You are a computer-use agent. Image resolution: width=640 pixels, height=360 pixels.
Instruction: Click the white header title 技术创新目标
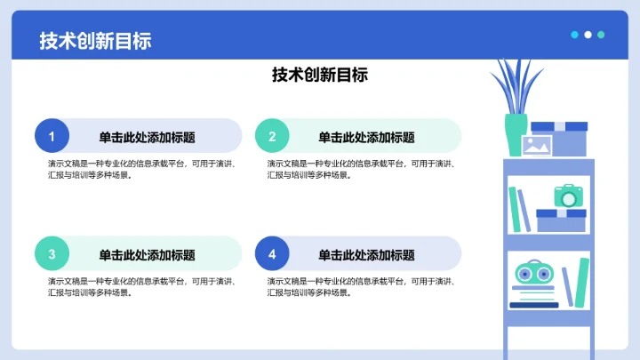(x=95, y=40)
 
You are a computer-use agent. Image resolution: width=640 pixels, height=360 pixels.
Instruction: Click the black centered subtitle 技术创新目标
(x=320, y=76)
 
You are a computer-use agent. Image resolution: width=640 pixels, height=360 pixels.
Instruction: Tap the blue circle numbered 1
(x=52, y=136)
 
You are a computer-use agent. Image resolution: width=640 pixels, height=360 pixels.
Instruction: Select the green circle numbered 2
(x=272, y=136)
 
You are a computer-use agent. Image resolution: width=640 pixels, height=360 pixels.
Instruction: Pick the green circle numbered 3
(x=52, y=254)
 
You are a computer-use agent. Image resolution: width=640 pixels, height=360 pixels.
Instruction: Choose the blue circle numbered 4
(x=272, y=254)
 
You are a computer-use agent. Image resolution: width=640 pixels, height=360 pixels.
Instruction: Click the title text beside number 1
(x=147, y=137)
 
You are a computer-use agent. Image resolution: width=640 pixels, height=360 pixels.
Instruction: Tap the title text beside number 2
(x=366, y=137)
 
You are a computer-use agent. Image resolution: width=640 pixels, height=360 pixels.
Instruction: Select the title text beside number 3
(x=147, y=255)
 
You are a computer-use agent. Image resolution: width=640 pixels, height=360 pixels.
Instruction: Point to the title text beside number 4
(x=366, y=255)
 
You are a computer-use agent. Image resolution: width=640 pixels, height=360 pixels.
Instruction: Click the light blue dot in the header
(x=575, y=35)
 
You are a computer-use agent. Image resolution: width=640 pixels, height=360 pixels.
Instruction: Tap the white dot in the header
(x=588, y=35)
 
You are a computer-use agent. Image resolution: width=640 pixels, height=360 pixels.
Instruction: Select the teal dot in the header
(x=602, y=35)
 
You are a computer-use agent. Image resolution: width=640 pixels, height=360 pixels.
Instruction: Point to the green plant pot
(x=516, y=134)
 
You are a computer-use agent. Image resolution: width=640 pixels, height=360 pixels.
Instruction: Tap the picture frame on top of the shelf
(x=538, y=147)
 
